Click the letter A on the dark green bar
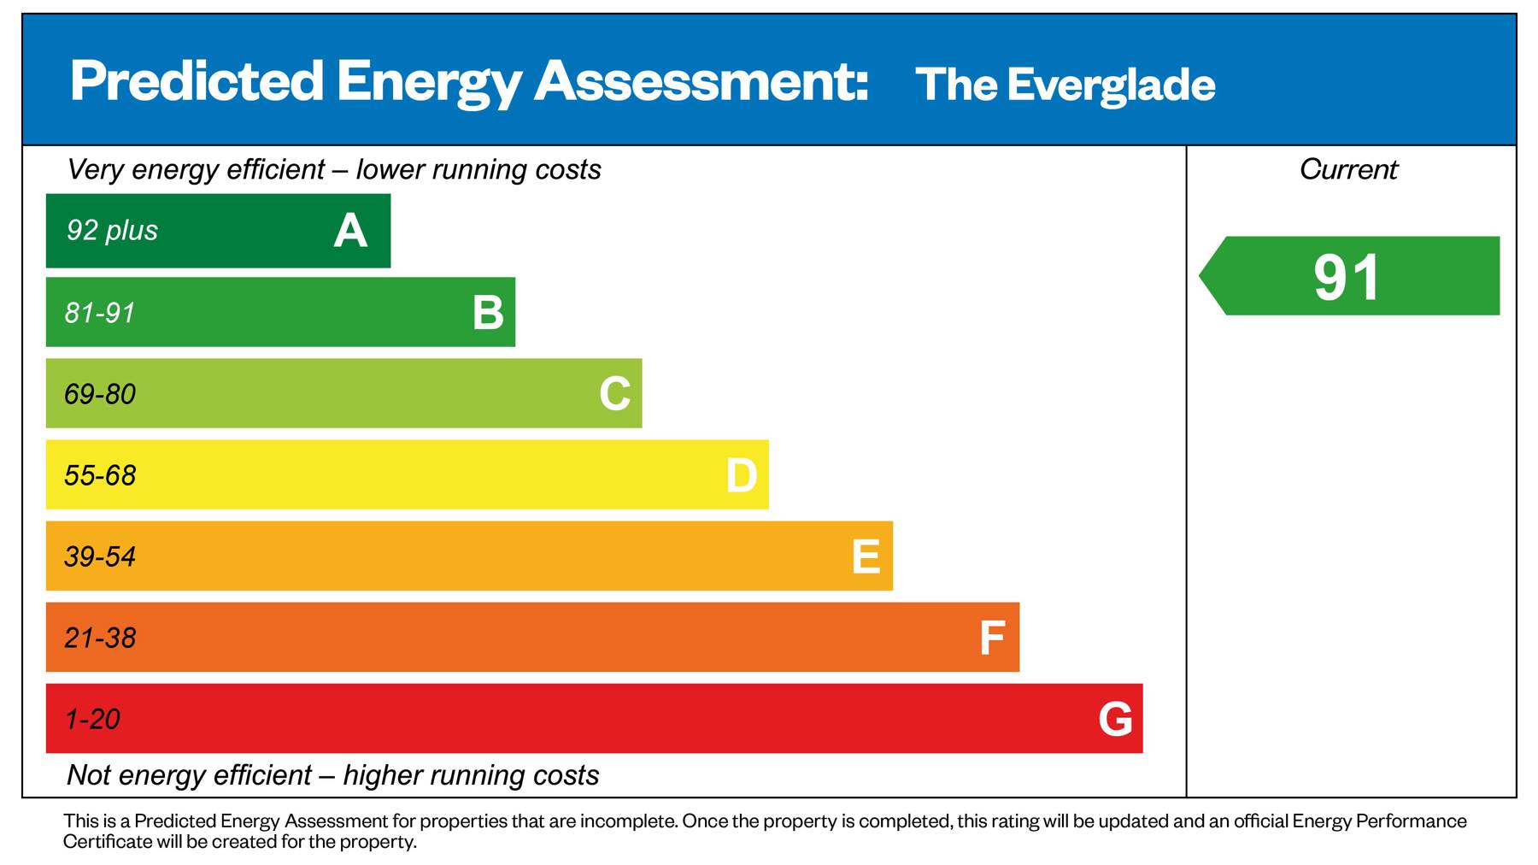350,231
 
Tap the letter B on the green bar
488,313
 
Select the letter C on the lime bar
614,394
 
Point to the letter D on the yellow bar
741,475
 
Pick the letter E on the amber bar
866,556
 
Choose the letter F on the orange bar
991,638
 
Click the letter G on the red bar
1115,719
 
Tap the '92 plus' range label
112,230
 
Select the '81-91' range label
100,313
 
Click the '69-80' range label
100,394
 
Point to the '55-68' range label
100,475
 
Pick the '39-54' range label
100,556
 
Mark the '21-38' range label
100,638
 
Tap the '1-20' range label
92,719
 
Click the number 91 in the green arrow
1347,277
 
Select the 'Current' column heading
1348,169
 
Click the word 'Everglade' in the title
1111,85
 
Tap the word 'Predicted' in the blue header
197,81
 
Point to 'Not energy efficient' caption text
189,775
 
